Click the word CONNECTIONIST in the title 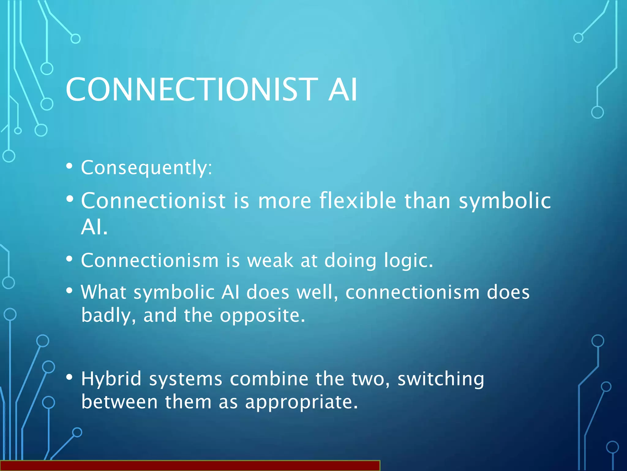point(192,90)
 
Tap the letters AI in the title point(343,90)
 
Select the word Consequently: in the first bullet point(146,168)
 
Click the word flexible point(358,201)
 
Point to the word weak point(270,261)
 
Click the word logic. point(408,261)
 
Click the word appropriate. point(301,403)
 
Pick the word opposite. point(262,316)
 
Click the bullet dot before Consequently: point(69,167)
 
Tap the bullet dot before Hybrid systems point(69,377)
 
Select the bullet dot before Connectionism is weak point(69,259)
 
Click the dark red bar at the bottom point(190,466)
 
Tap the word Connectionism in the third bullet point(150,261)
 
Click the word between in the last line point(119,402)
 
